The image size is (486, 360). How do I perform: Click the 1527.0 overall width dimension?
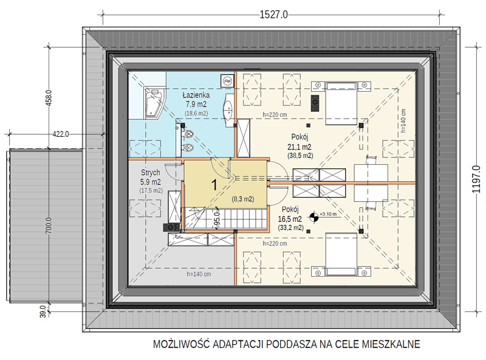coord(274,15)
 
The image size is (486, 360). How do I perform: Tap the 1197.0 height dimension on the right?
coord(476,179)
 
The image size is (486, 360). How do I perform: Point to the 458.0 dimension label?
coord(49,98)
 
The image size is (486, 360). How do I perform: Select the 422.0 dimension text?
coord(60,134)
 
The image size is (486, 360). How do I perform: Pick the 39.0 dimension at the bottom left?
coord(43,311)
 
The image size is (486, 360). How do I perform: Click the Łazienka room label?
coord(196,95)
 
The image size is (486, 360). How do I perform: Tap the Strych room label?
coord(150,173)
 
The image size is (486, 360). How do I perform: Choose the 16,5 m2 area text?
coord(290,219)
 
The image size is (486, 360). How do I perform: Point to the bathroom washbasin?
coord(229,110)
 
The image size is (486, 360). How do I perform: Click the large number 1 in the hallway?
coord(214,185)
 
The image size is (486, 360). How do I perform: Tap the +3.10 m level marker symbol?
coord(314,216)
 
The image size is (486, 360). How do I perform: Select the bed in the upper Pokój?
coord(341,103)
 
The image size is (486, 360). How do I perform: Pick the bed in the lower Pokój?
coord(341,254)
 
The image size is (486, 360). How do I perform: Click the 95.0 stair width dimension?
coord(217,220)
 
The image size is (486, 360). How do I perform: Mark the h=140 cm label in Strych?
coord(199,274)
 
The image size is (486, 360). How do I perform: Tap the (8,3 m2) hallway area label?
coord(243,199)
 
